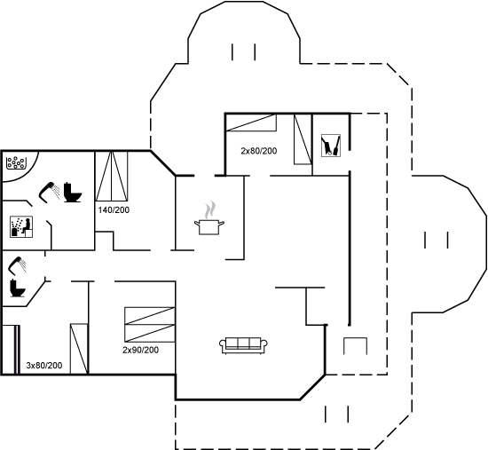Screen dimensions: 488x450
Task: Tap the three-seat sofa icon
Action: (x=243, y=345)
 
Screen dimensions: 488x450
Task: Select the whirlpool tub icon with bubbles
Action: (x=16, y=162)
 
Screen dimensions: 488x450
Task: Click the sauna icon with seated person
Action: (x=21, y=226)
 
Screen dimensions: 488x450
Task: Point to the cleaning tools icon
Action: (x=331, y=146)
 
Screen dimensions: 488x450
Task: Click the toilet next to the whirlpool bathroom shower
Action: (x=73, y=193)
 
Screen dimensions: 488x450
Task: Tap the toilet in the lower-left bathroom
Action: (x=18, y=288)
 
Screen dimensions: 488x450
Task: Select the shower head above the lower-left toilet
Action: (x=18, y=265)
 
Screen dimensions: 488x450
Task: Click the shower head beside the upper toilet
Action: (x=49, y=193)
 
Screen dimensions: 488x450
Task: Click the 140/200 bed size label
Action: (x=114, y=209)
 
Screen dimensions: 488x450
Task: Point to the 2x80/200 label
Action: (x=258, y=151)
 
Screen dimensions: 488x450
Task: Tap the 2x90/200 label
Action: (x=140, y=350)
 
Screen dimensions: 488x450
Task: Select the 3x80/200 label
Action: (x=43, y=366)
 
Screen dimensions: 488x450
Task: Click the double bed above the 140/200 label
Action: (x=112, y=177)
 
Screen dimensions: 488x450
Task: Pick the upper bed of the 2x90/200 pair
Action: (x=150, y=316)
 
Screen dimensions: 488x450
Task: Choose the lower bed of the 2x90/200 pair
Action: (x=150, y=333)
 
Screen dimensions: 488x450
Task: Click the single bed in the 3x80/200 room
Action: (x=79, y=349)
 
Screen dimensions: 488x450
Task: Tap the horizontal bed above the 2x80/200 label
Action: (x=251, y=122)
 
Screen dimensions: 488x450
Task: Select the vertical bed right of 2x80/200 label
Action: (x=303, y=139)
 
